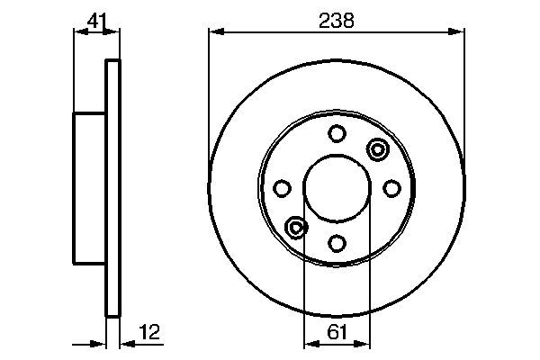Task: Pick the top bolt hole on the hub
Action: [337, 134]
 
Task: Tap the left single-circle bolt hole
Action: [283, 188]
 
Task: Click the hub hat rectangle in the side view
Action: [90, 188]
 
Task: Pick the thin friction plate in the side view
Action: [112, 188]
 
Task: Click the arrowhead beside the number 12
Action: [124, 343]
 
